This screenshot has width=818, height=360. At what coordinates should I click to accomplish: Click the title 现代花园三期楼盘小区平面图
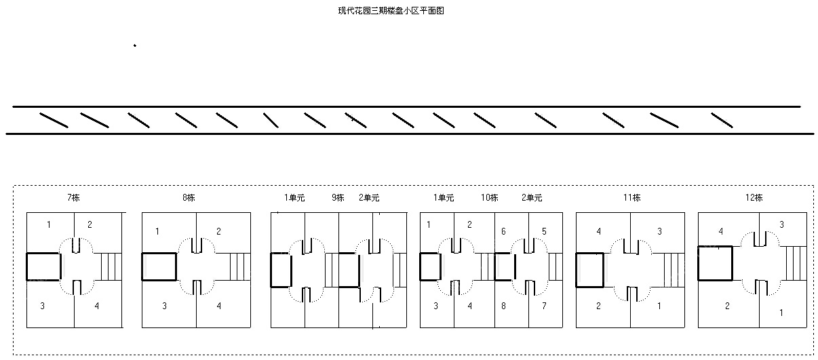391,11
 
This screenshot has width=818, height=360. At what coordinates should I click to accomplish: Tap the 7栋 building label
73,197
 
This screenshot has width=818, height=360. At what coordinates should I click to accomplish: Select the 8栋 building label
189,197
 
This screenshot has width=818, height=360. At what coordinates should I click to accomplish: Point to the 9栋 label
338,197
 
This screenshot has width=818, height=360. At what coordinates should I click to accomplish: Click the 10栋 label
489,197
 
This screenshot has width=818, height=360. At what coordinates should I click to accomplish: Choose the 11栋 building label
631,197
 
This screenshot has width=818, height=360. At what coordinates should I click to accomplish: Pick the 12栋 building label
754,197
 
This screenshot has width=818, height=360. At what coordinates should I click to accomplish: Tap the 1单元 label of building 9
294,197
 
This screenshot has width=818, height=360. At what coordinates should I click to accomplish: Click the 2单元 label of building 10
532,197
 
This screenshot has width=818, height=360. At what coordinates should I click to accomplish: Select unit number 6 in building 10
503,231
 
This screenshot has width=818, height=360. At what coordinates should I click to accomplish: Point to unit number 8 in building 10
503,306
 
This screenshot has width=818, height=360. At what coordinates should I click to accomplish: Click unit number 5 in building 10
544,231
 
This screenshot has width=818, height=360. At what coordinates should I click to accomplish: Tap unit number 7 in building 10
544,306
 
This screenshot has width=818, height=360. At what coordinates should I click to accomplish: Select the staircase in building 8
240,266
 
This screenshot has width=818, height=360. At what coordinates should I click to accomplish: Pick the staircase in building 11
674,270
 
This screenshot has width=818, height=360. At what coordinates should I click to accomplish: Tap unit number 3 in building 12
781,224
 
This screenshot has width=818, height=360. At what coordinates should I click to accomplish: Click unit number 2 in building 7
90,224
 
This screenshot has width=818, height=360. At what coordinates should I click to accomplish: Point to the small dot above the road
135,45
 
